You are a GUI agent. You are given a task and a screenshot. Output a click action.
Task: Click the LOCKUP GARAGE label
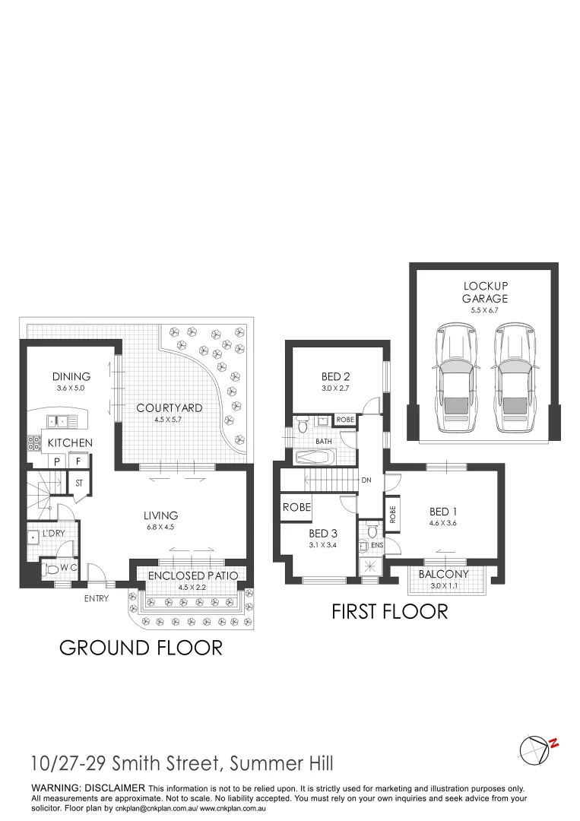tap(484, 292)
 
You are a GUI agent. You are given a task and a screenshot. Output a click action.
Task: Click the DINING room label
tap(71, 376)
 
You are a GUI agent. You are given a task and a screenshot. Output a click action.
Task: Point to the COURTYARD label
tap(170, 407)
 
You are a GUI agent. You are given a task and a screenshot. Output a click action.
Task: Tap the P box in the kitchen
tap(57, 461)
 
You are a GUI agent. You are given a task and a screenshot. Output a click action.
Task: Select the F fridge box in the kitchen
tap(78, 461)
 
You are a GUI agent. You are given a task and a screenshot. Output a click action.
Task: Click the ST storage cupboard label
tap(79, 482)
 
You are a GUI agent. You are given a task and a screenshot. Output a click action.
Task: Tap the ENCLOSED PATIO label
tap(193, 575)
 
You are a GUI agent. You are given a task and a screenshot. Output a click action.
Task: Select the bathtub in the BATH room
tap(315, 458)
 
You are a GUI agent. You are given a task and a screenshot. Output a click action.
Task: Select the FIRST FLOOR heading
tap(389, 610)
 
